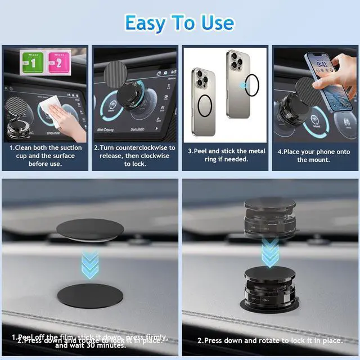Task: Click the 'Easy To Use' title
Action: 179,22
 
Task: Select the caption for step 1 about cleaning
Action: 44,155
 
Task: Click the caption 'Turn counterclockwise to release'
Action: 134,155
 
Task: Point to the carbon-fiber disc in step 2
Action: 115,74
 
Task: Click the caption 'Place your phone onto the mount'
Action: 314,155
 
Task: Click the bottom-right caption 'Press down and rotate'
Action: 269,340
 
